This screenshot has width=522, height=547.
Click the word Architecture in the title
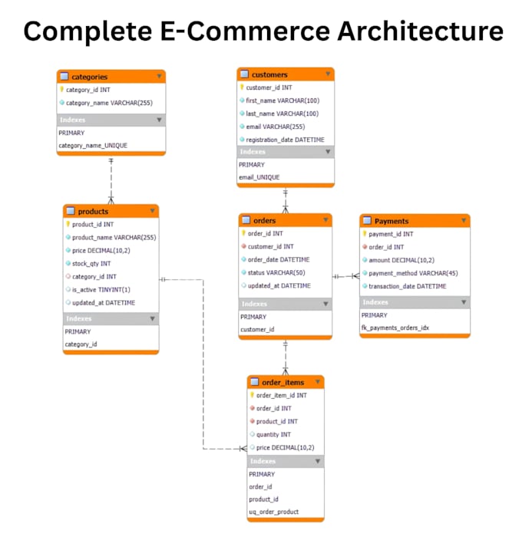pos(421,31)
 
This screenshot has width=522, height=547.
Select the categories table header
pos(111,77)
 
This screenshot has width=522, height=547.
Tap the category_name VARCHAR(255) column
pos(109,103)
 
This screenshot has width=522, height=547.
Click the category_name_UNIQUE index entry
pos(93,146)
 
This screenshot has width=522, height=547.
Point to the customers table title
pos(269,74)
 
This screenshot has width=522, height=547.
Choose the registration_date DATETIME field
pos(285,140)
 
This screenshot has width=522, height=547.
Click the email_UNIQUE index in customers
pos(259,177)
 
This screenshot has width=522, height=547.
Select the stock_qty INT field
pos(91,263)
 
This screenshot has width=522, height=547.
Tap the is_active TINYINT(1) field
pos(101,289)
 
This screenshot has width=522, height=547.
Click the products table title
pos(93,212)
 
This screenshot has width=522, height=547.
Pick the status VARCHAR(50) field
pos(276,272)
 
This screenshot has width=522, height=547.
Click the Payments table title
pos(391,221)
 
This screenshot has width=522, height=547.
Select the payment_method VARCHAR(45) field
pos(413,273)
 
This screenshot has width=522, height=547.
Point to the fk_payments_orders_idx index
pos(395,328)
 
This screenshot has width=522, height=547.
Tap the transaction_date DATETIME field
pos(408,286)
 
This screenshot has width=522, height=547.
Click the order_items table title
pos(282,382)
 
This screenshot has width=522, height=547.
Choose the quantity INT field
pos(273,434)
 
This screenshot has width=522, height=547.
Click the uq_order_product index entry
pos(274,512)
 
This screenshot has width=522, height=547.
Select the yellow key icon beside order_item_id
pos(252,395)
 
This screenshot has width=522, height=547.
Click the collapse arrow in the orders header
pos(325,219)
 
